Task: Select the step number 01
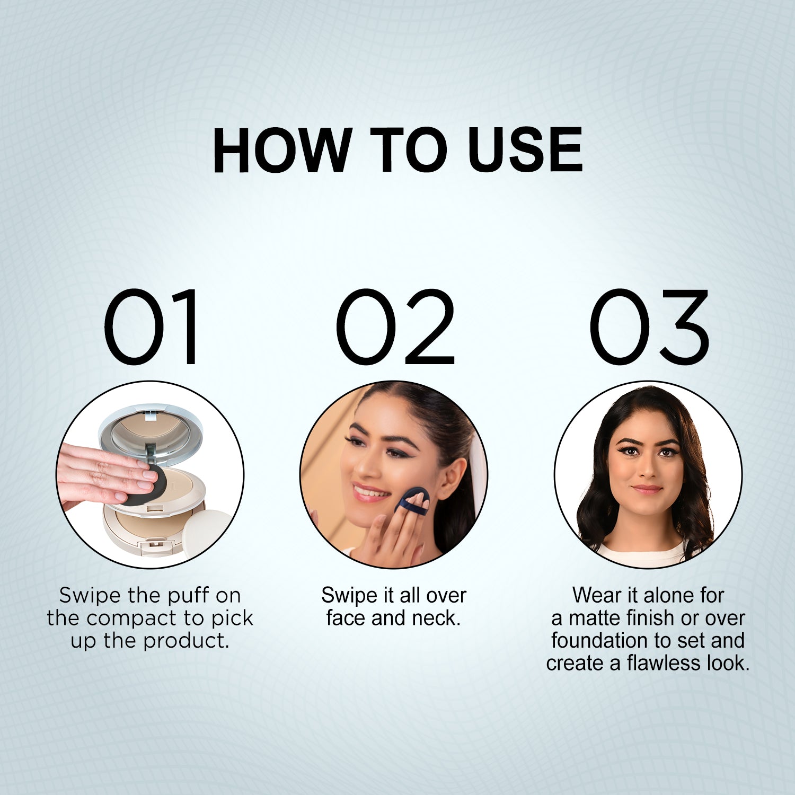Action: click(x=152, y=326)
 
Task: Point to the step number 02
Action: click(x=395, y=326)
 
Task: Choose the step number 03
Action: click(x=649, y=326)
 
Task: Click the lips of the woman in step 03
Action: click(x=647, y=489)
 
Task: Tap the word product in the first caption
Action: click(x=186, y=641)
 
